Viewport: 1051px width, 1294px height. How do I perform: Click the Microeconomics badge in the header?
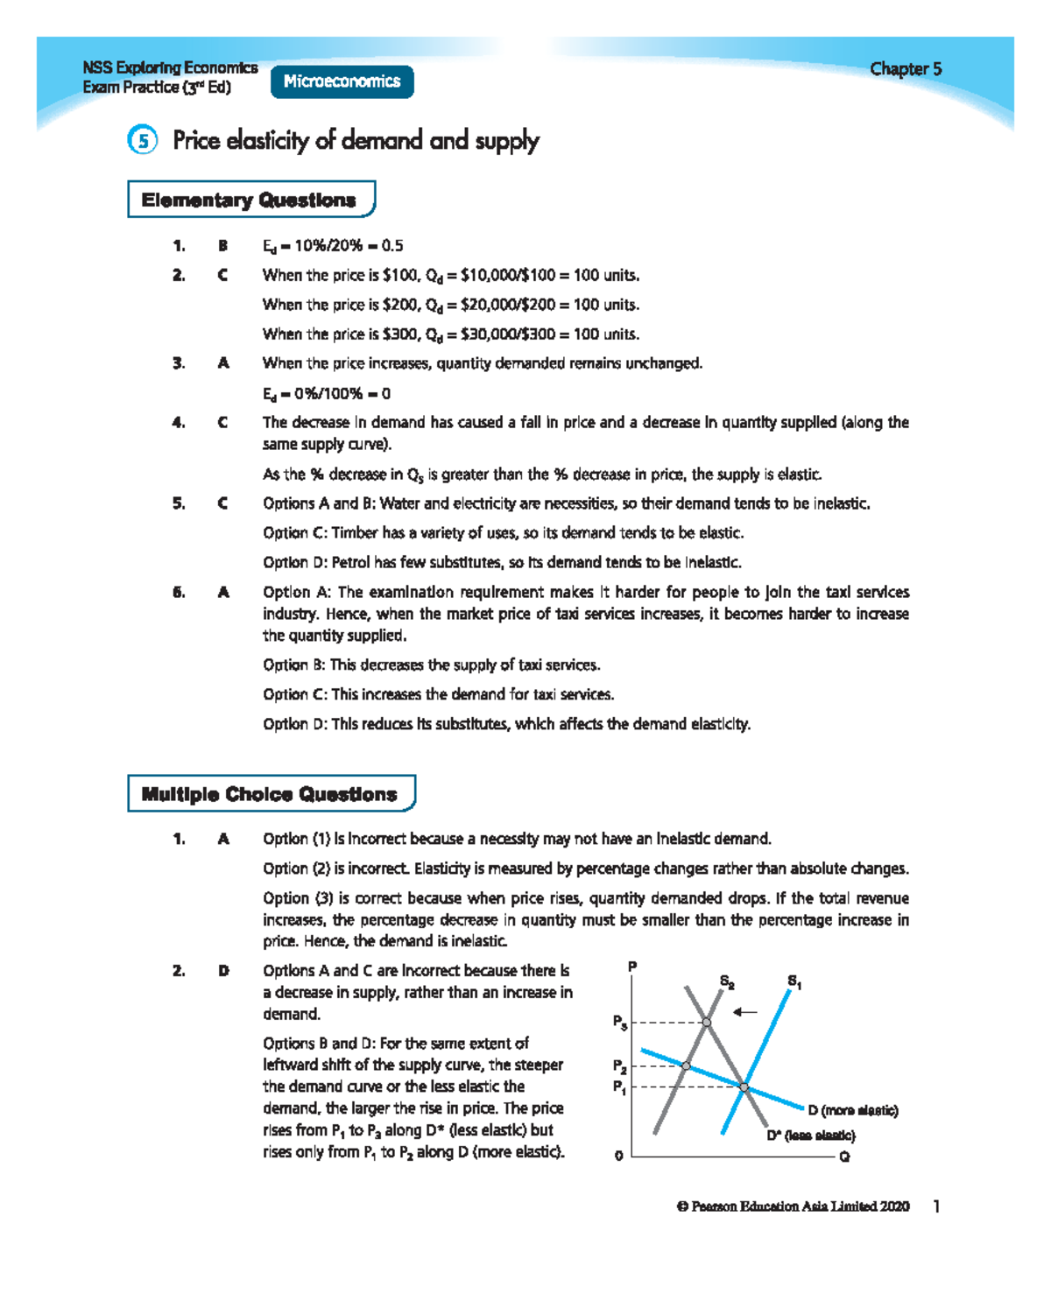tap(342, 81)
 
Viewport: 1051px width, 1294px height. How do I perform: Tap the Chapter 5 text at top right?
tap(906, 69)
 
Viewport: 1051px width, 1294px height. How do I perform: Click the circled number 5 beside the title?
tap(143, 140)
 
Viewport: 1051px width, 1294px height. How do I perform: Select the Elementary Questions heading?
tap(250, 200)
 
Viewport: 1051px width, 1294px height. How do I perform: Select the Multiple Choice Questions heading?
tap(270, 794)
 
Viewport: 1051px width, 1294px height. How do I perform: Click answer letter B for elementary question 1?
tap(223, 246)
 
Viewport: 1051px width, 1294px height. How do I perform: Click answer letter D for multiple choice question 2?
tap(223, 971)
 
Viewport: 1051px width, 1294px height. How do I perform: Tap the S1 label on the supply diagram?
tap(794, 981)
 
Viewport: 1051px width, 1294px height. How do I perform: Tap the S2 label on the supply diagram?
tap(727, 981)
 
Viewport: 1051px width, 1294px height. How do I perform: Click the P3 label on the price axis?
tap(619, 1022)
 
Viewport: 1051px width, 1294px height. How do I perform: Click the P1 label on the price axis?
tap(619, 1087)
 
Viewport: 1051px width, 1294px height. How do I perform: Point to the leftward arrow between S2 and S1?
tap(745, 1012)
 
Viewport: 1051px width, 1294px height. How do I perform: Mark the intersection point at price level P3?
tap(707, 1022)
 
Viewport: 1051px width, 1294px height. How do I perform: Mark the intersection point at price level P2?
tap(686, 1065)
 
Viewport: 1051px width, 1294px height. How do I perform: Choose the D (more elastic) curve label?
tap(852, 1110)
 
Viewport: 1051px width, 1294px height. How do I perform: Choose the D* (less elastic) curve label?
tap(810, 1136)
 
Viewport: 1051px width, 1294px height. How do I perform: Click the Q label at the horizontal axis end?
tap(844, 1157)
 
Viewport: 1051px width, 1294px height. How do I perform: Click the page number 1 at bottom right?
tap(936, 1206)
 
